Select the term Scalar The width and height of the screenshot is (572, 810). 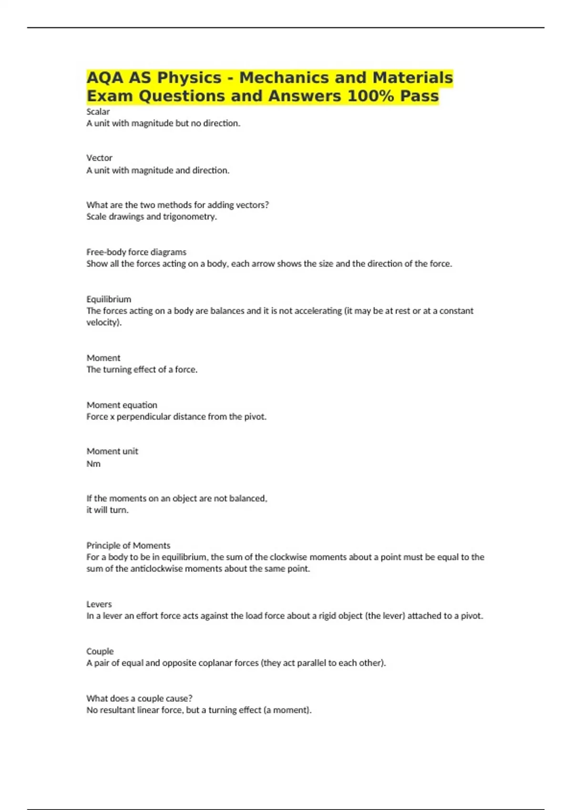pos(98,111)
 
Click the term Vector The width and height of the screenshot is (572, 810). pos(99,158)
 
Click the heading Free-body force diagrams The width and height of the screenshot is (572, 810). pos(136,252)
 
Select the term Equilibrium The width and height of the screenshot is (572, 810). pos(109,299)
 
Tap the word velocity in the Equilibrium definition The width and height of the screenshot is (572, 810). pos(103,323)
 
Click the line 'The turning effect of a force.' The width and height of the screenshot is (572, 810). pos(142,369)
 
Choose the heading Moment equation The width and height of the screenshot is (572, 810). pos(122,405)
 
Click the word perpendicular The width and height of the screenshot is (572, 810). pos(143,417)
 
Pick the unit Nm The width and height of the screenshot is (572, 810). pos(93,464)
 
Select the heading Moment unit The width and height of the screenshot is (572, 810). pos(112,451)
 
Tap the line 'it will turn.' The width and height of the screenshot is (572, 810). pos(107,510)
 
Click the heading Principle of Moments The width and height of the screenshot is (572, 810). pos(128,546)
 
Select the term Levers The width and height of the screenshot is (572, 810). pos(99,604)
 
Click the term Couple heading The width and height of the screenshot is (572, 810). pos(100,651)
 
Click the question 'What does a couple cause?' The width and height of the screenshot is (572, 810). pos(139,699)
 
